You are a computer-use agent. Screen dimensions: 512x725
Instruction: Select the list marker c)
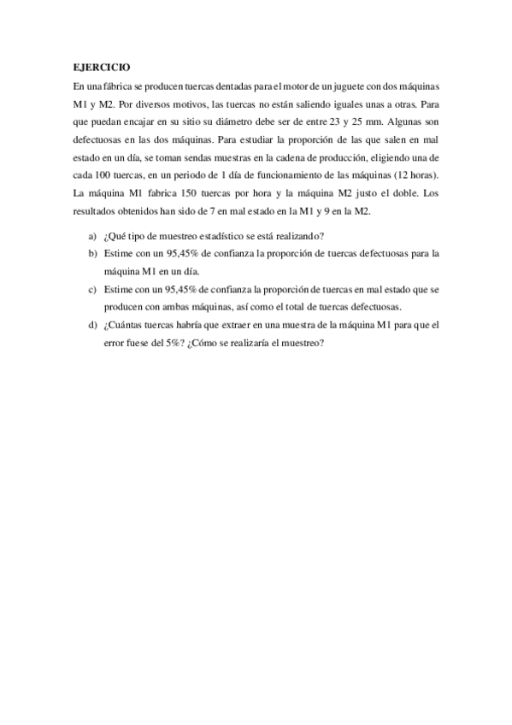pyautogui.click(x=92, y=290)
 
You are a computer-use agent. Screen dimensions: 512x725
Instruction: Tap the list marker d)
pyautogui.click(x=92, y=326)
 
